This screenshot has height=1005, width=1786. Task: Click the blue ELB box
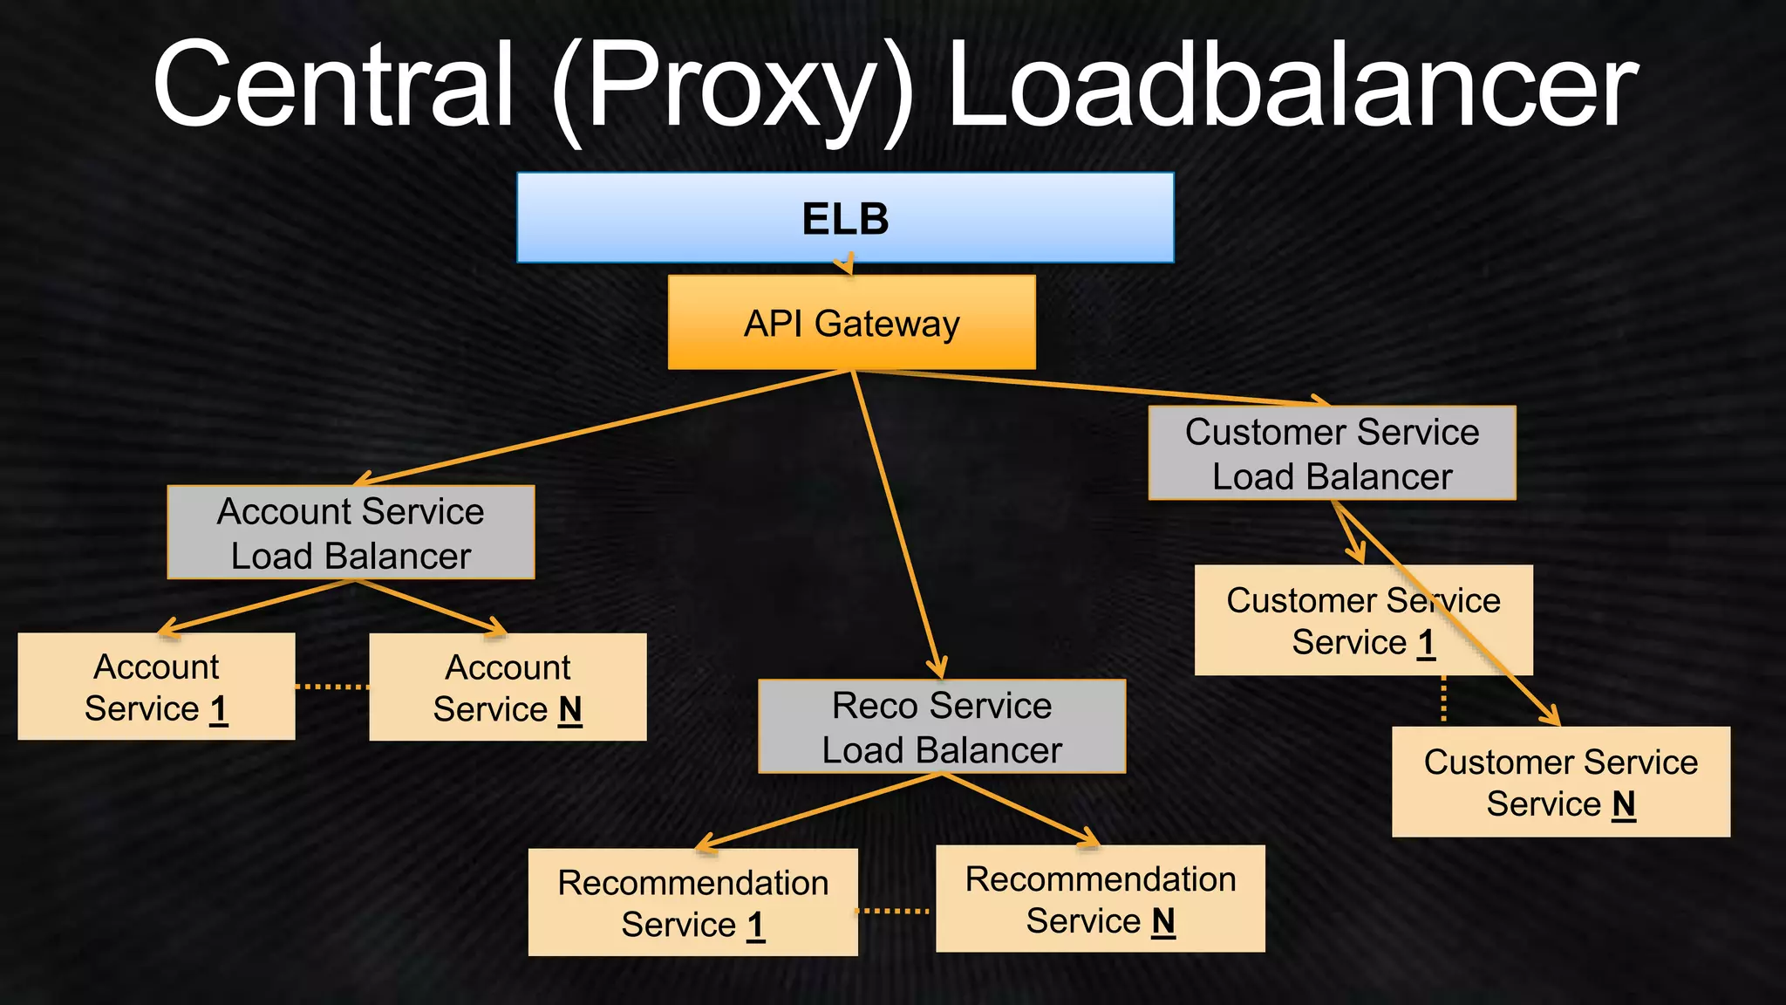coord(844,218)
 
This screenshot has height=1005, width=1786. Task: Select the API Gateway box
coord(851,323)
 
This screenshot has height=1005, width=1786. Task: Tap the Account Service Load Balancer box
coord(351,533)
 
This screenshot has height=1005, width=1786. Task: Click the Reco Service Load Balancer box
coord(942,727)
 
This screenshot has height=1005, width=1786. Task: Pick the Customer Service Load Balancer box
coord(1332,454)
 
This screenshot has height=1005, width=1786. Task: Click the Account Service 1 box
coord(156,687)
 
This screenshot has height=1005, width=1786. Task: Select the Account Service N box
coord(508,688)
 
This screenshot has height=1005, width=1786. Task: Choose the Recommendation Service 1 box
coord(692,903)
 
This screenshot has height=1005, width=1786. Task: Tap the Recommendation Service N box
coord(1100,899)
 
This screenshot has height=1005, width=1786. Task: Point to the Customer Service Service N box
coord(1560,783)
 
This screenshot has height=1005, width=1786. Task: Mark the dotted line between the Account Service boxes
coord(332,687)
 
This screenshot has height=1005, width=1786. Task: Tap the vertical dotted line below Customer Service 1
coord(1444,700)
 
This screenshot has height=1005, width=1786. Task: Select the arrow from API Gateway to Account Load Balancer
coord(602,427)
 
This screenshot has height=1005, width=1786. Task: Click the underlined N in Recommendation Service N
coord(1163,921)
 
